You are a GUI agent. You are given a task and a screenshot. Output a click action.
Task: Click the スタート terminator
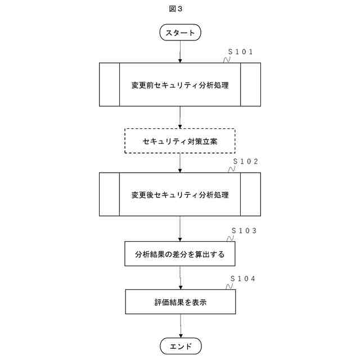(180, 33)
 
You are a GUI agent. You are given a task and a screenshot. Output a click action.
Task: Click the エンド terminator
(180, 345)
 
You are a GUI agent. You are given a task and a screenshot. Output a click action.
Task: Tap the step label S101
(243, 52)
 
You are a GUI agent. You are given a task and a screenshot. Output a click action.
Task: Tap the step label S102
(246, 161)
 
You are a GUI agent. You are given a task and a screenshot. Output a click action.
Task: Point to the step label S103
(245, 231)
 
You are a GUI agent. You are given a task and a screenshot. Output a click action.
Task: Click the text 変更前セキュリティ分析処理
(180, 85)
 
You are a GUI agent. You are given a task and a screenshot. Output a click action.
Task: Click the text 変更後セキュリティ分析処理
(180, 195)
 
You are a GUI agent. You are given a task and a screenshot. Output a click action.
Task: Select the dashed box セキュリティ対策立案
(180, 141)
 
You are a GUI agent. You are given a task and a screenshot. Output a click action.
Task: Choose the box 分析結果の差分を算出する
(180, 254)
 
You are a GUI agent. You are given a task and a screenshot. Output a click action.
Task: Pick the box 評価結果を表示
(180, 302)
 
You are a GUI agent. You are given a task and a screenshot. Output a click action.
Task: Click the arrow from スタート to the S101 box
(180, 52)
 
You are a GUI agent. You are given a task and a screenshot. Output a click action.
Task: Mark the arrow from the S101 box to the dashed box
(180, 118)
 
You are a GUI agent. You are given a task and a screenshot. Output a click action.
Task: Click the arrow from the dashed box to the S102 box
(180, 163)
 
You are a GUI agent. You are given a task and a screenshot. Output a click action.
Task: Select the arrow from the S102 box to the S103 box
(180, 229)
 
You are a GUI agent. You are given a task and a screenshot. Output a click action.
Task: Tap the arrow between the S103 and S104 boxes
(180, 278)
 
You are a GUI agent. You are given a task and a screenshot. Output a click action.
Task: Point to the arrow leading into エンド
(180, 326)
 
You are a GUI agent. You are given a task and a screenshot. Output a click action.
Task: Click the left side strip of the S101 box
(110, 84)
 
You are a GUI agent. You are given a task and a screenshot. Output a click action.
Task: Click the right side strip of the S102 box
(250, 195)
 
